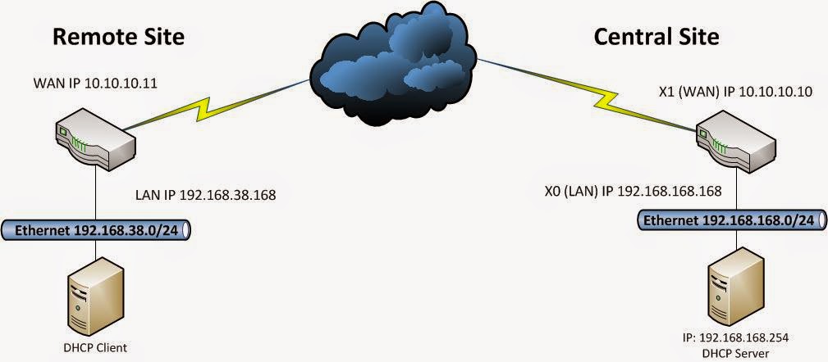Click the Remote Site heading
click(118, 37)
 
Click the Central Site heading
click(656, 37)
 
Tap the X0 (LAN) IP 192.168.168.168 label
click(633, 192)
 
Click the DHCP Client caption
click(95, 347)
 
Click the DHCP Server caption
click(732, 352)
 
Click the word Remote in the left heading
click(89, 37)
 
